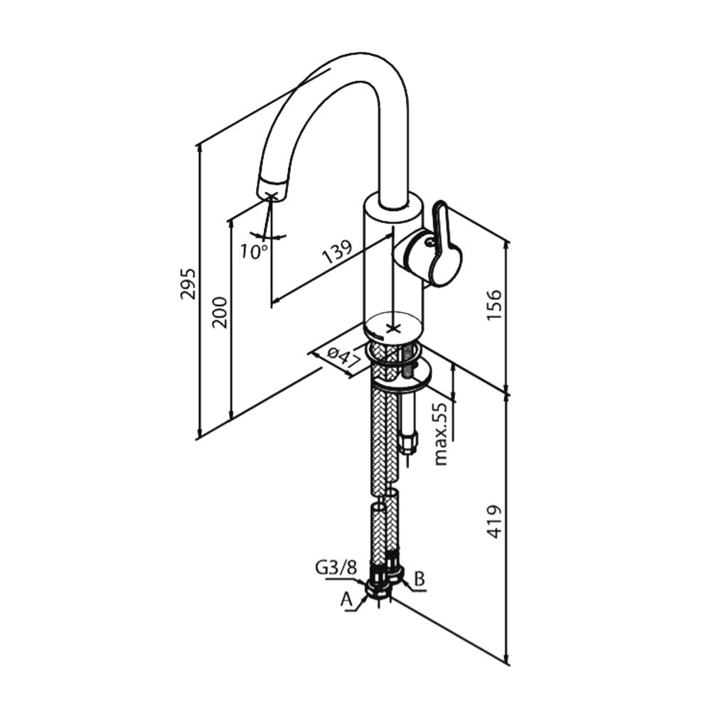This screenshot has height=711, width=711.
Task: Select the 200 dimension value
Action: click(x=220, y=312)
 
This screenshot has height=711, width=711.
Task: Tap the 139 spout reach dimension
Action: click(x=337, y=252)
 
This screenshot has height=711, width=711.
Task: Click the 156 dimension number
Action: click(x=494, y=304)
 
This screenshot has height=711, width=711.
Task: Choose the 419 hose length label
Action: click(x=495, y=522)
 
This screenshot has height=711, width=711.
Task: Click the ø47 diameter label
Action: click(x=343, y=358)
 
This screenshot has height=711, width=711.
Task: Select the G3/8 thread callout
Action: click(x=336, y=567)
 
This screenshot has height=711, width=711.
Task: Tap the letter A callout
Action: click(x=346, y=599)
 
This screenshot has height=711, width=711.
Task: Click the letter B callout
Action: click(x=420, y=579)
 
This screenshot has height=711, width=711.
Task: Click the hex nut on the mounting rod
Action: click(x=410, y=442)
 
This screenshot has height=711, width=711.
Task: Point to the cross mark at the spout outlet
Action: click(x=271, y=197)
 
